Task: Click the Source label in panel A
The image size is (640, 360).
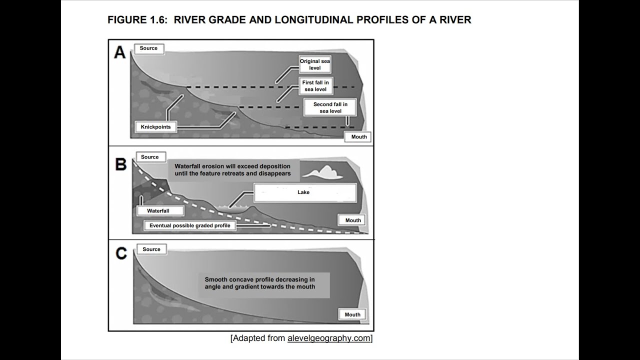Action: click(148, 48)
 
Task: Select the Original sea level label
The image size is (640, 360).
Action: click(315, 64)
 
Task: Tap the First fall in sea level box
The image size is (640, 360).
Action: click(315, 85)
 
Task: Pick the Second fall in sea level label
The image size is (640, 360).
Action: click(330, 107)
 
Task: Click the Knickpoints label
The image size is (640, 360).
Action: click(155, 127)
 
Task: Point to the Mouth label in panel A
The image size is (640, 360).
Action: click(358, 137)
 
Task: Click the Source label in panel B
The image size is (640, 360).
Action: click(149, 157)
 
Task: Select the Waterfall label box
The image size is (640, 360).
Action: click(158, 211)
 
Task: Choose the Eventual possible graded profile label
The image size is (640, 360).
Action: click(190, 225)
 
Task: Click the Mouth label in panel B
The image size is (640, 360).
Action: click(353, 220)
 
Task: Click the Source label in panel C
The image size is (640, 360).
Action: click(151, 249)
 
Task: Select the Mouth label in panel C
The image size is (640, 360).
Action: click(352, 314)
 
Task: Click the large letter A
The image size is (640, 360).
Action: click(120, 52)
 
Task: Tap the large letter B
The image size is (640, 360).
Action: click(121, 164)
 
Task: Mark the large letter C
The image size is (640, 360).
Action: click(121, 253)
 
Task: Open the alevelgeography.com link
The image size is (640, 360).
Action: click(328, 338)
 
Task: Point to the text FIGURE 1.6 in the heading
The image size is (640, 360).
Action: click(136, 20)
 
